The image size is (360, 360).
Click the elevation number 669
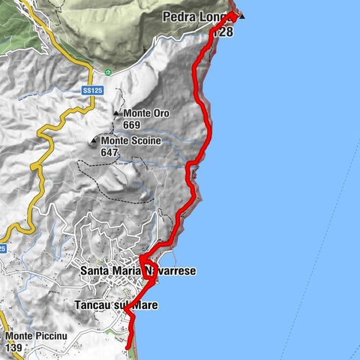click(x=132, y=124)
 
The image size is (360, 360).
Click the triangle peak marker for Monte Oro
click(x=116, y=114)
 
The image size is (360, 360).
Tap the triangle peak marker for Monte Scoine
click(x=94, y=140)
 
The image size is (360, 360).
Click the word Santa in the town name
click(x=95, y=269)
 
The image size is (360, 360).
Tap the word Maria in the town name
click(x=129, y=269)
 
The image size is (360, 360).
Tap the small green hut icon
click(x=109, y=73)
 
